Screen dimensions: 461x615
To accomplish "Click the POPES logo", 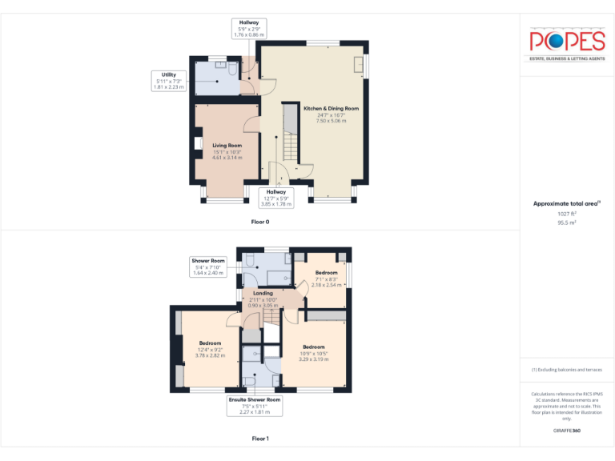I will tap(566, 42).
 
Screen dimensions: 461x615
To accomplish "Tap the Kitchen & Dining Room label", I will tap(331, 108).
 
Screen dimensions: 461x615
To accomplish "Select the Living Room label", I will tap(227, 145).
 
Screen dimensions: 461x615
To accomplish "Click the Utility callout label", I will tap(169, 74).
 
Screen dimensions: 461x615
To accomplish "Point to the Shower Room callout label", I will tap(208, 261).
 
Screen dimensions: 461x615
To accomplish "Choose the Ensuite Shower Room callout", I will tap(255, 399).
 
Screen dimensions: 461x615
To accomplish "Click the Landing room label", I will tap(263, 293).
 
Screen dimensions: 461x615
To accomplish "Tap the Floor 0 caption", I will tap(260, 221).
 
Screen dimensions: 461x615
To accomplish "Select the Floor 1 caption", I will tap(260, 439).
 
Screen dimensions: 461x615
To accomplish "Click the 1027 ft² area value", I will tap(566, 214).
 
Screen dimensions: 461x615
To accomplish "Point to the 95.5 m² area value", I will tap(566, 223).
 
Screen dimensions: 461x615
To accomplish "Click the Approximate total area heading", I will tap(565, 204).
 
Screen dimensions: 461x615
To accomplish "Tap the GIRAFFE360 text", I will tap(566, 431).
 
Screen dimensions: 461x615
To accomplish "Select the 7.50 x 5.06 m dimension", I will tap(331, 121).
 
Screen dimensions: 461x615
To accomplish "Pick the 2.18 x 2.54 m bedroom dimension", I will tap(326, 285).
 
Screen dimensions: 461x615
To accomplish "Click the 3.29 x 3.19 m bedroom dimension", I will tap(314, 359).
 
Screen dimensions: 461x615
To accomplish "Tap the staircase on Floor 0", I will tap(288, 147).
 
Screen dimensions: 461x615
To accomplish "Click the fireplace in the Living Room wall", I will tap(197, 144).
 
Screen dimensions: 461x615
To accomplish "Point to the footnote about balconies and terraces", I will tap(566, 370).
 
